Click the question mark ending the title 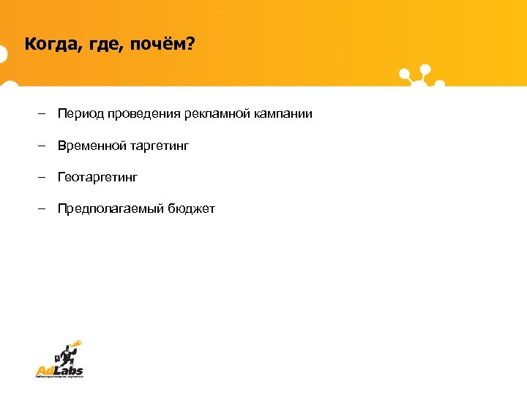click(x=191, y=45)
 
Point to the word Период click(x=81, y=114)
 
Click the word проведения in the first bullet click(x=143, y=114)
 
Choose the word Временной click(x=92, y=146)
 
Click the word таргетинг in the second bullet click(x=160, y=147)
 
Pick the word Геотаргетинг click(x=98, y=178)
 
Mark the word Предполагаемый click(x=110, y=210)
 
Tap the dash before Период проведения click(x=43, y=114)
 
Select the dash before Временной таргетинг click(x=43, y=146)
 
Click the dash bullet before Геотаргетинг click(x=43, y=178)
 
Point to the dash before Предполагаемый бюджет click(x=43, y=209)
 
